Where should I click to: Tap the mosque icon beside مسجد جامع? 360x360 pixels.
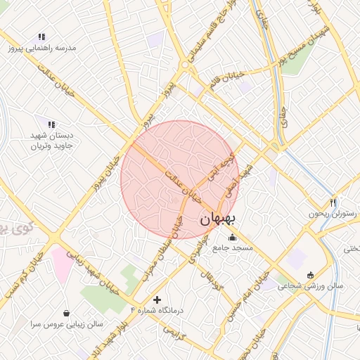233,236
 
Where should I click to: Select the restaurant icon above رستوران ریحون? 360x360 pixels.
333,202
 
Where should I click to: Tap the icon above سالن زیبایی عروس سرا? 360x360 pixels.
66,313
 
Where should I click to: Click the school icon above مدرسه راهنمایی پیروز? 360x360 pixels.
42,37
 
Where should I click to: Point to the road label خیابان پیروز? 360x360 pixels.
106,172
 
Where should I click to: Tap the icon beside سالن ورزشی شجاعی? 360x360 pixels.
310,274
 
